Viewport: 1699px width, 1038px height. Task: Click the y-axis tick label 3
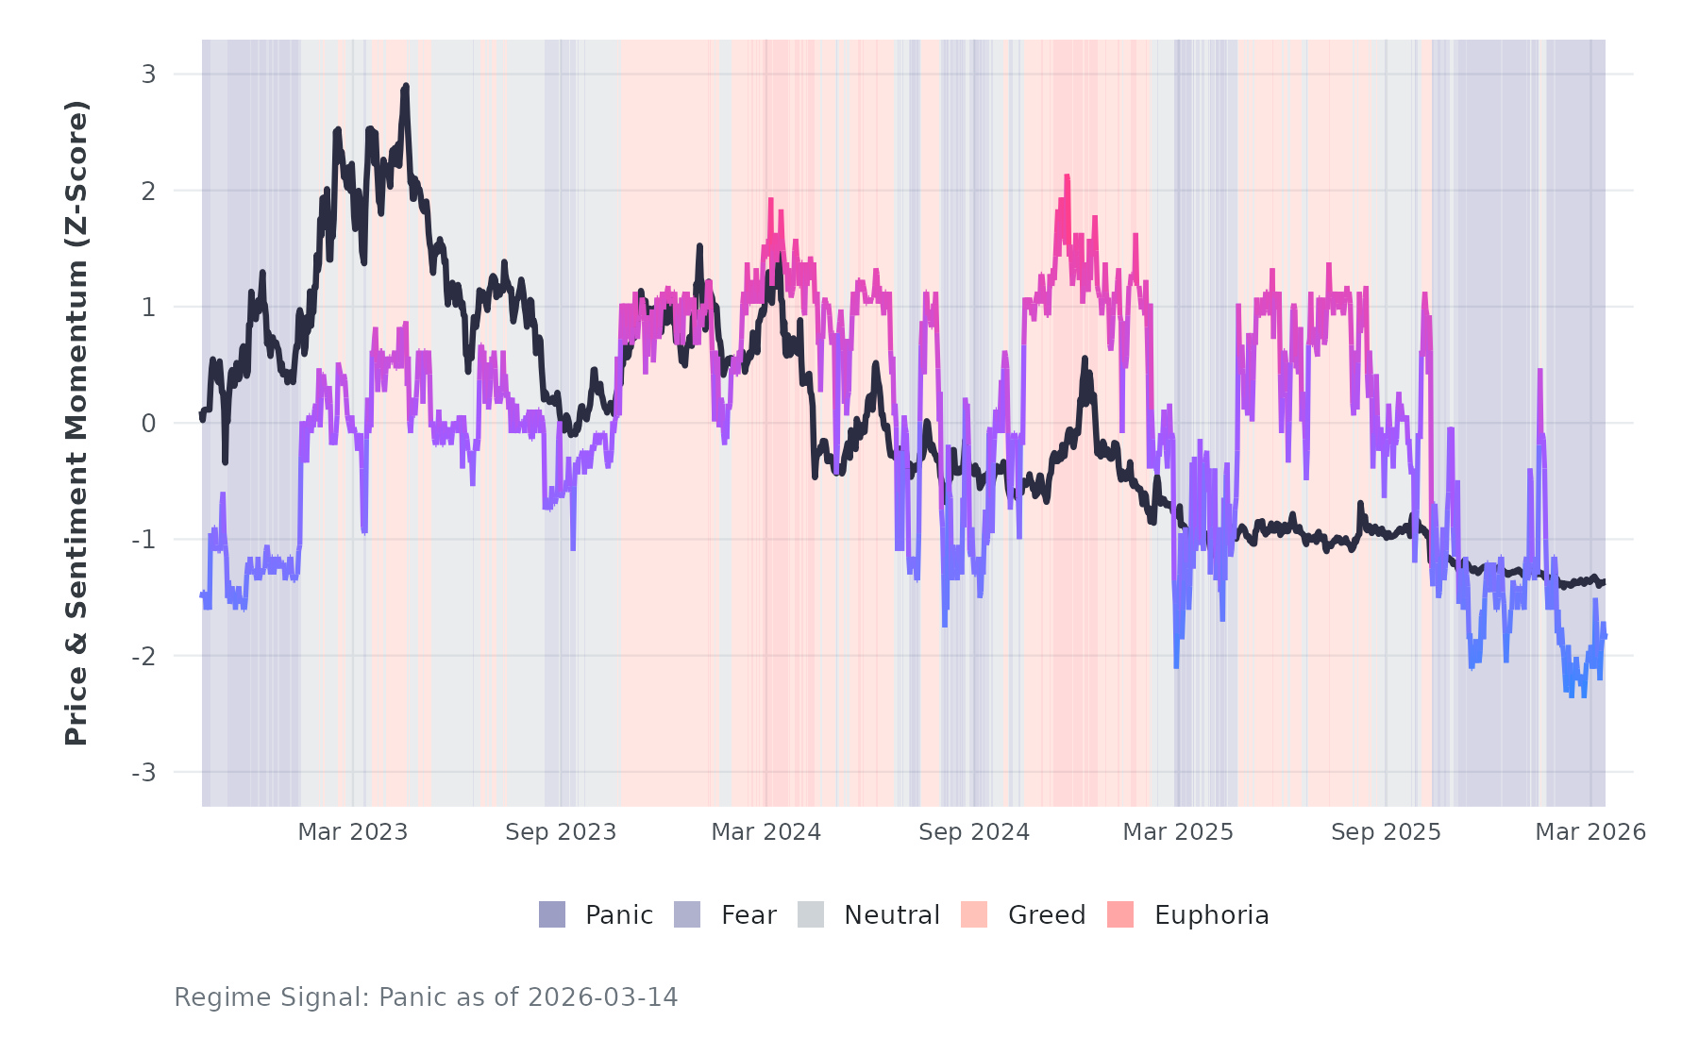click(x=148, y=75)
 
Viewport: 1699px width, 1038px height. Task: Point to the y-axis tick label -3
click(x=143, y=773)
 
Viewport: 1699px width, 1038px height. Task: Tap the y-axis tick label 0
click(x=148, y=424)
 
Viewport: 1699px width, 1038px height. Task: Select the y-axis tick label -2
click(x=143, y=657)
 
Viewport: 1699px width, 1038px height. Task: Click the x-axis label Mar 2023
click(x=353, y=832)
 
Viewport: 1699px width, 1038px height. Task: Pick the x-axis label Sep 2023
click(x=561, y=832)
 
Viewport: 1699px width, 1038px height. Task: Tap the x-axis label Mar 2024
click(x=766, y=832)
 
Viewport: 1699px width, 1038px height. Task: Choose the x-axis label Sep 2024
click(x=974, y=832)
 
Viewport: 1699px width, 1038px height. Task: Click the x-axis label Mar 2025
click(x=1178, y=832)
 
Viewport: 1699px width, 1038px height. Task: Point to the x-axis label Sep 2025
click(x=1386, y=832)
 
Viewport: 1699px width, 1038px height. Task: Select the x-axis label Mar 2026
click(x=1590, y=832)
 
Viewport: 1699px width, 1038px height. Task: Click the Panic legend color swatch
click(x=552, y=914)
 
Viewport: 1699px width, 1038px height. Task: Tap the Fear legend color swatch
click(x=687, y=914)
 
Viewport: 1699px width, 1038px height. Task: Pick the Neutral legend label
click(x=892, y=915)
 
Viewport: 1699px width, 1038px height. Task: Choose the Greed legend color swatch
click(x=974, y=914)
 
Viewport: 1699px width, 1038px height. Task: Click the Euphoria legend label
click(x=1211, y=915)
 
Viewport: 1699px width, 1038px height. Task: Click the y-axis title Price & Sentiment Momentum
click(x=76, y=423)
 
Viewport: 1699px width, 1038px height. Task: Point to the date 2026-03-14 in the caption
click(x=602, y=997)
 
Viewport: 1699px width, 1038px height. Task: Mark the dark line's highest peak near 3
click(x=405, y=86)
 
